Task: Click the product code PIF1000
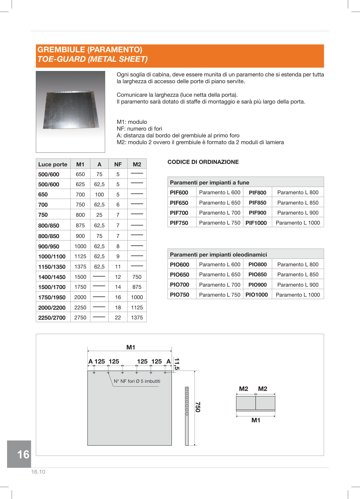point(256,223)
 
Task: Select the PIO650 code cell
point(179,274)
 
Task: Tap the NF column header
point(118,164)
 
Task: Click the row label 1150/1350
point(52,267)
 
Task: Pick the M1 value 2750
point(80,317)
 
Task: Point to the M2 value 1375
point(137,317)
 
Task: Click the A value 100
point(99,195)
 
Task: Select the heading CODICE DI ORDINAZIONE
point(203,162)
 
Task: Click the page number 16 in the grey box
point(23,454)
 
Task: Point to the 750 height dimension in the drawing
point(198,407)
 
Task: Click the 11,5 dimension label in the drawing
point(177,364)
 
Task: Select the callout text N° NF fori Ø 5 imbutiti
point(137,381)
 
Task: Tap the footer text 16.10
point(38,472)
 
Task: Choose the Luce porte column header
point(53,164)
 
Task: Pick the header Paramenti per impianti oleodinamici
point(218,254)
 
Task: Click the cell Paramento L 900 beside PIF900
point(298,213)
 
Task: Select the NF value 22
point(118,317)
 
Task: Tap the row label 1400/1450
point(52,277)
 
